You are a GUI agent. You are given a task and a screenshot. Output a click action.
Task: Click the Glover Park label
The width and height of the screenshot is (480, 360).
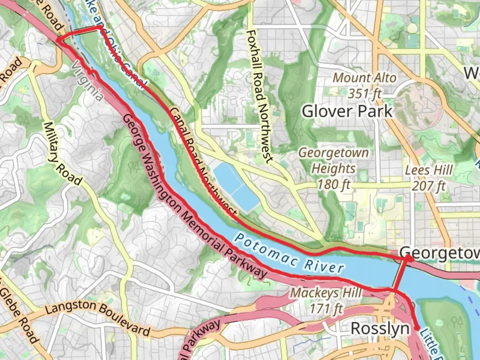tap(347, 111)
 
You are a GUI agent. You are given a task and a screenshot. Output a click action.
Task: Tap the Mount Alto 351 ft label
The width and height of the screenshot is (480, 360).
tap(365, 86)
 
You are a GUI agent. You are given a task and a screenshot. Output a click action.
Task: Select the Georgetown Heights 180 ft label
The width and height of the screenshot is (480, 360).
tap(333, 168)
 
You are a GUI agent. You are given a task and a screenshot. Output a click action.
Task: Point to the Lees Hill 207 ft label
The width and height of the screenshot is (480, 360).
tap(429, 178)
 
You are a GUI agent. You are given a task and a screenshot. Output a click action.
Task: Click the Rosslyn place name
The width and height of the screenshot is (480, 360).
tap(380, 329)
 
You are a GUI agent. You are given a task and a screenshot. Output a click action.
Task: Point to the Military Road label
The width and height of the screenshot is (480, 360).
tap(62, 154)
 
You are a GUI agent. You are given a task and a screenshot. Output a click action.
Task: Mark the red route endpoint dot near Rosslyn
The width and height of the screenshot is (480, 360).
tap(417, 328)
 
